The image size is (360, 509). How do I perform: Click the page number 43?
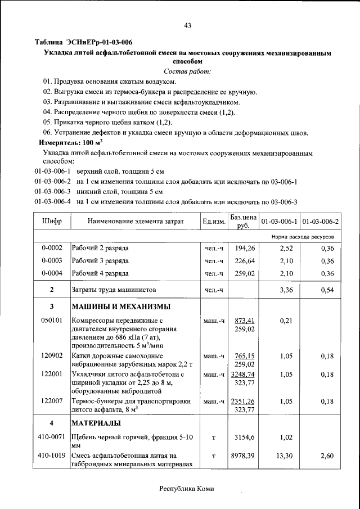(188, 25)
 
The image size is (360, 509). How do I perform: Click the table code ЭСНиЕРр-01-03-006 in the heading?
(100, 42)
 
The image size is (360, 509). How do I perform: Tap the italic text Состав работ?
(187, 71)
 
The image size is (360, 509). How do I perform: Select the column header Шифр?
(52, 222)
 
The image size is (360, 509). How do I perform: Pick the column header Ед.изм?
(214, 222)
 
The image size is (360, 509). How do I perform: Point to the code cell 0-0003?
(52, 261)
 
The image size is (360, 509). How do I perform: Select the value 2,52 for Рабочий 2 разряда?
(286, 248)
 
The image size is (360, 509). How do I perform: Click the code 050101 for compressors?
(52, 321)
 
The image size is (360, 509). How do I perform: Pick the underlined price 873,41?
(245, 321)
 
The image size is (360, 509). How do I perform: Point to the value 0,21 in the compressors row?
(286, 321)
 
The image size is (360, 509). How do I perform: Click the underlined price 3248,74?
(243, 374)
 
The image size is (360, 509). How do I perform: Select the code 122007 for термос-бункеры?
(52, 401)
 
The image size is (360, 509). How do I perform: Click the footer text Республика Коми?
(187, 489)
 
